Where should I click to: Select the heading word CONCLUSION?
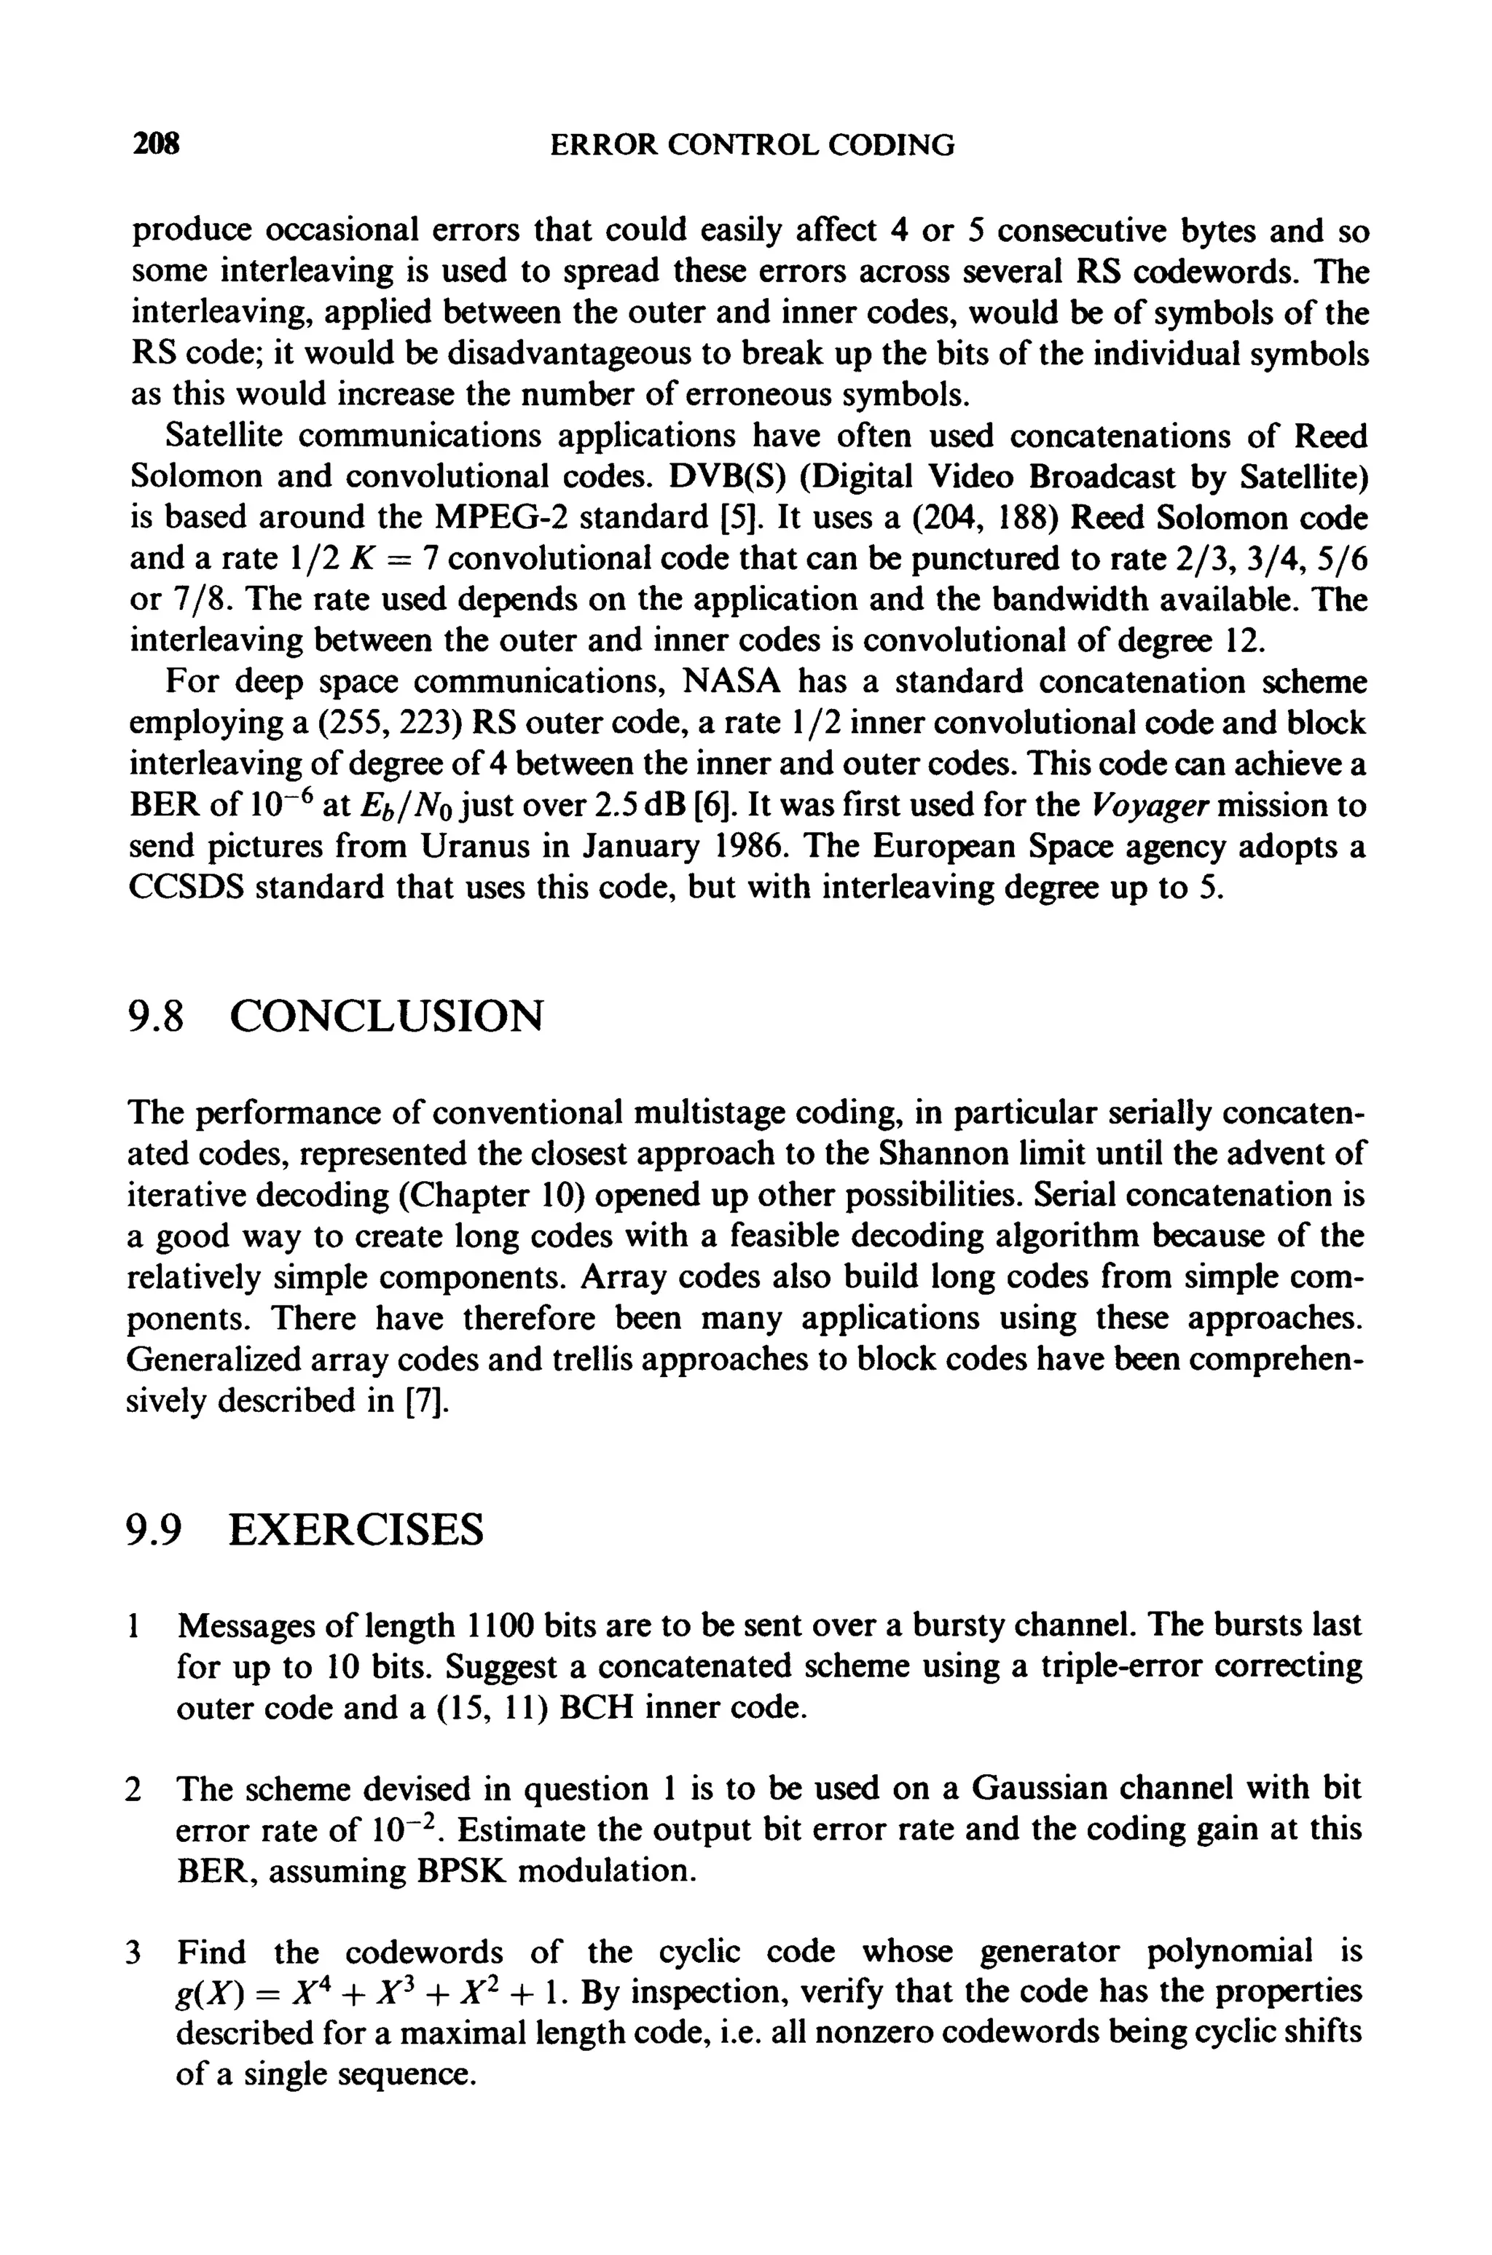tap(388, 1016)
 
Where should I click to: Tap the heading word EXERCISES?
tap(357, 1531)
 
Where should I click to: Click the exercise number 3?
tap(134, 1953)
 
